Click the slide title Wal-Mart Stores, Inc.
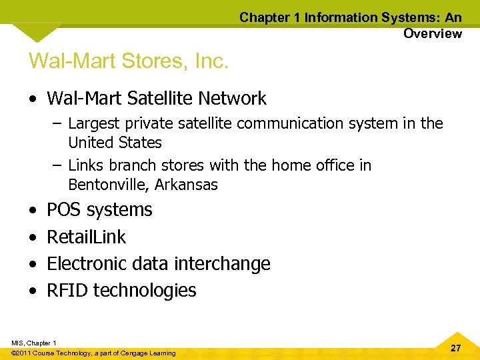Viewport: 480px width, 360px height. pos(129,61)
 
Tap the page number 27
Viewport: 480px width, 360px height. pos(455,348)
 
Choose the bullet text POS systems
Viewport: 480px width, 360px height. pos(99,209)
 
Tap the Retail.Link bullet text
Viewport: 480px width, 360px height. pos(86,237)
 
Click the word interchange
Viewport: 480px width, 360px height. pos(222,264)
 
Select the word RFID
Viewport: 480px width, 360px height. pos(67,291)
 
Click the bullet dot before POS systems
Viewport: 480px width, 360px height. pos(33,210)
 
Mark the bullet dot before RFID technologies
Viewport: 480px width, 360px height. pos(33,291)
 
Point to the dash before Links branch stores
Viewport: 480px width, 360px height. pos(57,165)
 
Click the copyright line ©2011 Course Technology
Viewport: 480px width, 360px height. pos(93,353)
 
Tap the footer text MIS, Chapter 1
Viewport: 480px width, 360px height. pos(34,343)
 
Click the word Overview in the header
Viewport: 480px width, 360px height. pos(432,33)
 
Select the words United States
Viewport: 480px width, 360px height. pos(115,143)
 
